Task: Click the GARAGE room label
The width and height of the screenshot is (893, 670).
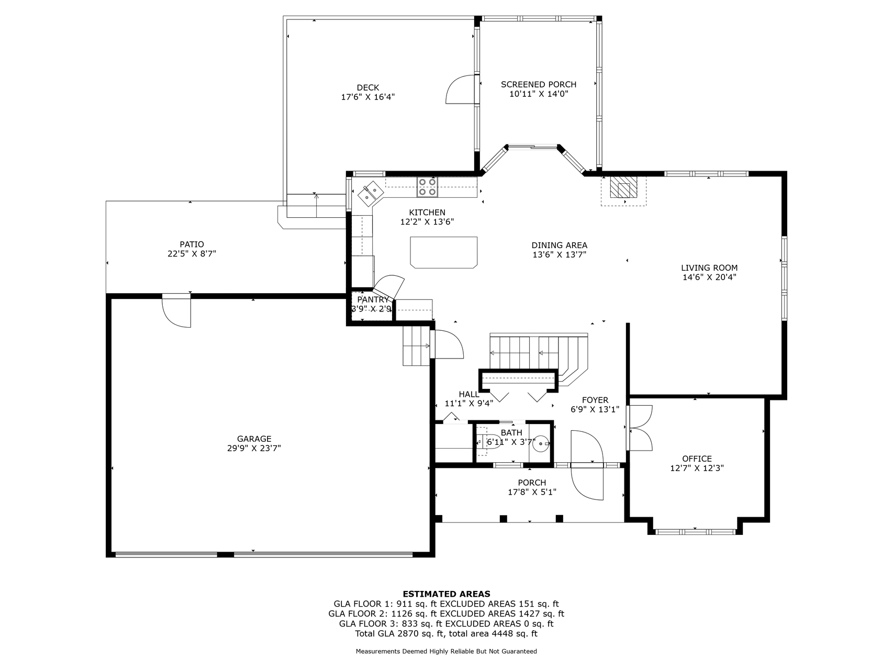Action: [x=254, y=439]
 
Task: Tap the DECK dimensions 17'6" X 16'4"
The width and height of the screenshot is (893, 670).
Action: [x=368, y=97]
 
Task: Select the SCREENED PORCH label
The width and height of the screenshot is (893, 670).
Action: [x=539, y=84]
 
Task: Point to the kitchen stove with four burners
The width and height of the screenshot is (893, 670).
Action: [x=427, y=187]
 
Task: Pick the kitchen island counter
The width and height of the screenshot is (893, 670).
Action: [x=444, y=252]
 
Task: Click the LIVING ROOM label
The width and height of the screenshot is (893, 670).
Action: [x=709, y=268]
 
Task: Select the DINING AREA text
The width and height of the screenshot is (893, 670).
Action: [x=559, y=245]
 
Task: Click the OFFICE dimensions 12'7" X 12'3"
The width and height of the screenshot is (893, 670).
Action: [x=697, y=468]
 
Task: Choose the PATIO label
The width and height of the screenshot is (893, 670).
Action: [x=192, y=244]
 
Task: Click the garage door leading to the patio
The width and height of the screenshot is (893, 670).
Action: [x=176, y=311]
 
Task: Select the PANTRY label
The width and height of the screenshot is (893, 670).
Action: [x=373, y=300]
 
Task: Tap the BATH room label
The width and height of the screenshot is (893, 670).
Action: [x=511, y=433]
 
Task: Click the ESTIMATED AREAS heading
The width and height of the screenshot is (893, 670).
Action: [x=446, y=594]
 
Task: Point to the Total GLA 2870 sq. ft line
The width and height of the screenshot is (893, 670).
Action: [x=446, y=634]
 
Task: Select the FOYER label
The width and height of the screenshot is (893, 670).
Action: [x=595, y=400]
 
